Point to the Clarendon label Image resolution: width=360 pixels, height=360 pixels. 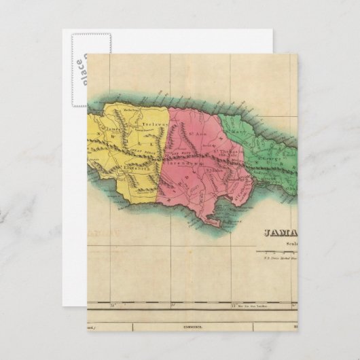192,164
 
